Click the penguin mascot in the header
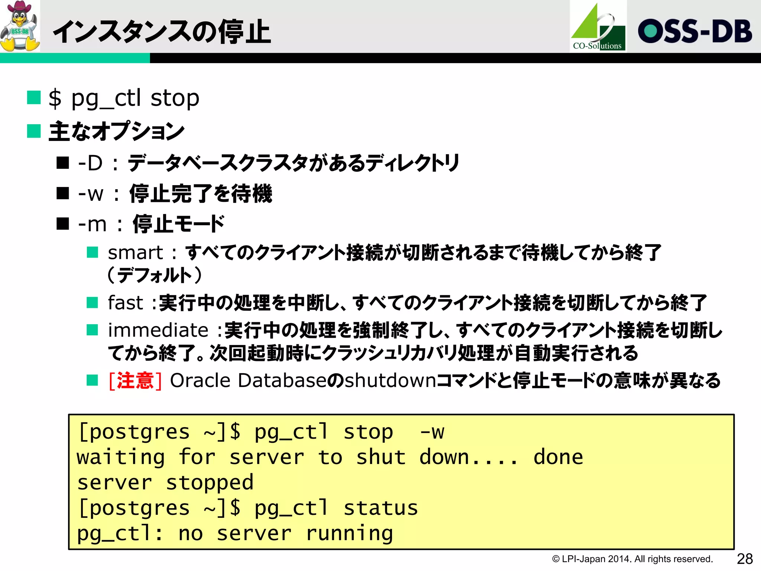coord(20,26)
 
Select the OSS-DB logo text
coord(694,31)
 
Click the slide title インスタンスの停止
coord(162,32)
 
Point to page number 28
coord(745,558)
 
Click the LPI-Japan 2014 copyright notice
coord(632,559)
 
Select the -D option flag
coord(90,163)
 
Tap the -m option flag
coord(92,224)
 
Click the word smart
coord(135,253)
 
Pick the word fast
coord(125,302)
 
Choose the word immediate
coord(158,330)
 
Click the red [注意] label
coord(135,381)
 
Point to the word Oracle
coord(200,380)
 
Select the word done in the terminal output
coord(558,457)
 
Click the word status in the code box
coord(380,508)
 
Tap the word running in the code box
coord(349,534)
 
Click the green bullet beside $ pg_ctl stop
coord(34,98)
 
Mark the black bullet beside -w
coord(63,193)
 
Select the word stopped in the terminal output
coord(210,483)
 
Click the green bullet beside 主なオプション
coord(34,131)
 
